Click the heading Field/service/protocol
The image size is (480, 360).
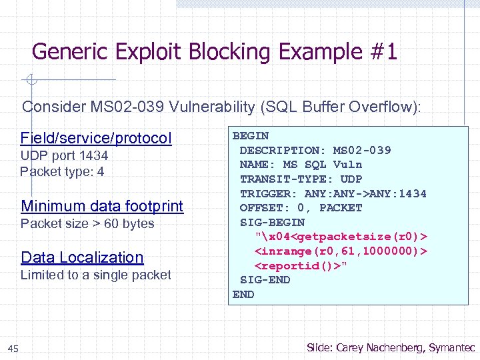(x=96, y=138)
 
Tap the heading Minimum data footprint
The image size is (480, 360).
(x=102, y=206)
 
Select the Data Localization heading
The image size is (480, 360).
(x=82, y=257)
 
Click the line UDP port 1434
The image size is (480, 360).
(x=64, y=156)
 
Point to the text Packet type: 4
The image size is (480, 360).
(x=62, y=172)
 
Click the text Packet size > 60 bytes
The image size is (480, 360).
(x=87, y=224)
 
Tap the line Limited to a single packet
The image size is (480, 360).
(x=95, y=275)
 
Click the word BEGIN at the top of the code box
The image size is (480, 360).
(x=250, y=135)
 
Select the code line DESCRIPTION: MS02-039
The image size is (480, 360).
(x=315, y=150)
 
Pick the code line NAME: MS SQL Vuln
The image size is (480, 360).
(x=301, y=165)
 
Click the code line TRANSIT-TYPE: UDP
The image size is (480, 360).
(x=301, y=179)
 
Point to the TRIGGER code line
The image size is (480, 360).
(x=333, y=193)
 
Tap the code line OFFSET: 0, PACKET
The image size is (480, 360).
(x=301, y=207)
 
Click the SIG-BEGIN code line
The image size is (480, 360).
(x=272, y=222)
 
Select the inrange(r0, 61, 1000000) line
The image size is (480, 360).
(x=340, y=251)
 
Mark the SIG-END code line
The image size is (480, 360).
(x=265, y=280)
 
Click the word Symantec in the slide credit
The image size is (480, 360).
(x=452, y=347)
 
